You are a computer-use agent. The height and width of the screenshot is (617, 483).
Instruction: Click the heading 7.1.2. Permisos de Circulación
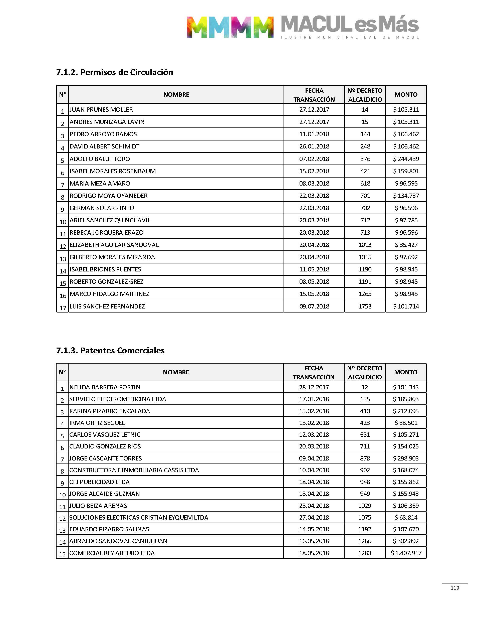coord(115,72)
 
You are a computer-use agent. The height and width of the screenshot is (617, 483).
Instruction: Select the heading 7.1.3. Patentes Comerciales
coord(110,351)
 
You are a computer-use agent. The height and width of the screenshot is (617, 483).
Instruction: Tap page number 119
coord(455,588)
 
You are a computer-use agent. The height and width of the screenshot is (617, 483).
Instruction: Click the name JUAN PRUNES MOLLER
coord(101,109)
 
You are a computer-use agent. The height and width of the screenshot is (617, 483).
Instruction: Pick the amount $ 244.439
coord(406,159)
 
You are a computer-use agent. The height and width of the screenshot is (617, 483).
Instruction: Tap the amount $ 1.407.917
coord(406,553)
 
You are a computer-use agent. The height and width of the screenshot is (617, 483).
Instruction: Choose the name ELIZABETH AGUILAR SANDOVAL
coord(114,245)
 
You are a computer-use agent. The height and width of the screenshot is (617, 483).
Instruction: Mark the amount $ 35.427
coord(406,245)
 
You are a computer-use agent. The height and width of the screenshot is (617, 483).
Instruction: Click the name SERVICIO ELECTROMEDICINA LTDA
coord(118,399)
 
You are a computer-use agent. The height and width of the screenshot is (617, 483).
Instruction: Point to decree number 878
coord(365,458)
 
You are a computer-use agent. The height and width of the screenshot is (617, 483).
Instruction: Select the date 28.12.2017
coord(314,387)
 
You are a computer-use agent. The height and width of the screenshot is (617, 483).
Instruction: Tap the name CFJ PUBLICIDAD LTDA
coord(100,482)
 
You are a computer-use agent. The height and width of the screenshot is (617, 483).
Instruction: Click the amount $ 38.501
coord(406,423)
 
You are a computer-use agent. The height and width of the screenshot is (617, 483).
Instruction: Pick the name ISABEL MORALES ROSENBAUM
coord(113,171)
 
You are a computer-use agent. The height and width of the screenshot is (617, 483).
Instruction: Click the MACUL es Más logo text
coord(350,25)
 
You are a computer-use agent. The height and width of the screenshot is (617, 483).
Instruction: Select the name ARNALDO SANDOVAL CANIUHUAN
coord(118,541)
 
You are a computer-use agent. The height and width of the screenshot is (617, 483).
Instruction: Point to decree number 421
coord(365,171)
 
